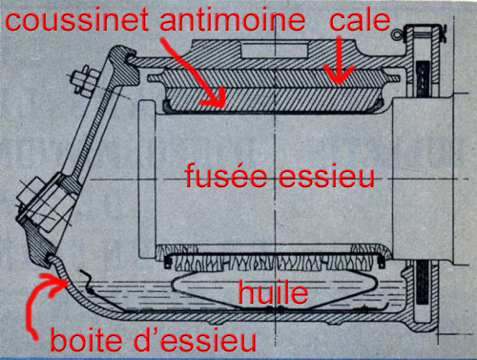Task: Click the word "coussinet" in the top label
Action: pyautogui.click(x=76, y=19)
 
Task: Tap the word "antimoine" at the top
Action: pyautogui.click(x=232, y=19)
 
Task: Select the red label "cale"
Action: pyautogui.click(x=360, y=19)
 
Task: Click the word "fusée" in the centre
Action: pyautogui.click(x=225, y=175)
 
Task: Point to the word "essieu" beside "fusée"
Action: pyautogui.click(x=326, y=175)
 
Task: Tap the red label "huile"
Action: pyautogui.click(x=273, y=292)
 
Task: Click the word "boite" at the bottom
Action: pyautogui.click(x=86, y=340)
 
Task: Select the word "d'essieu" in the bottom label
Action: pyautogui.click(x=195, y=340)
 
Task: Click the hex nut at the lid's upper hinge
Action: pyautogui.click(x=85, y=79)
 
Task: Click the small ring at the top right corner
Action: pyautogui.click(x=396, y=34)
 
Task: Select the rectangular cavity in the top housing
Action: pyautogui.click(x=275, y=52)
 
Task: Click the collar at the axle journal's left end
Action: pyautogui.click(x=147, y=180)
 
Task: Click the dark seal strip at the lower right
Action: pyautogui.click(x=424, y=283)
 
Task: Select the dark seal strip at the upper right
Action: pyautogui.click(x=424, y=78)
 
